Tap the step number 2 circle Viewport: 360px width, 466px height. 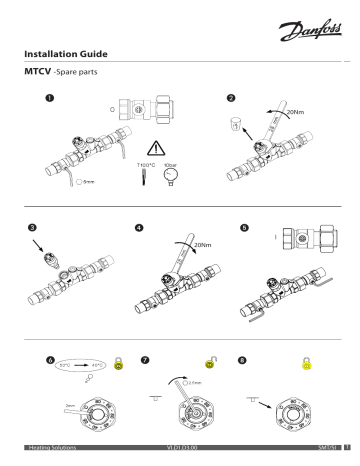pos(232,97)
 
